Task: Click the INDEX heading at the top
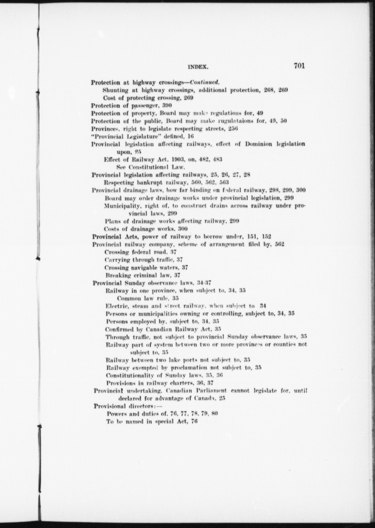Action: (198, 67)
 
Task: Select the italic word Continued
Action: (204, 82)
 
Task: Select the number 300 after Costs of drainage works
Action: (183, 229)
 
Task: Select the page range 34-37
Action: (204, 283)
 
